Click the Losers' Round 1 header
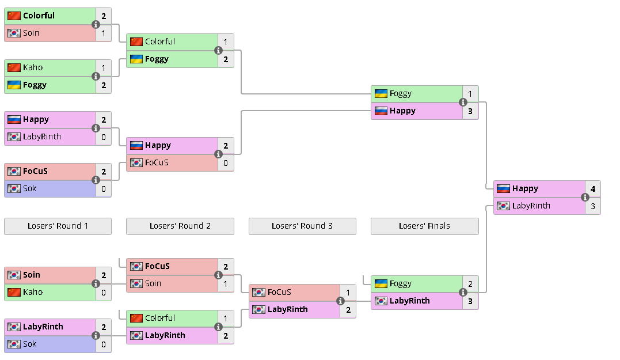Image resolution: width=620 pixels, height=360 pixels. (x=58, y=226)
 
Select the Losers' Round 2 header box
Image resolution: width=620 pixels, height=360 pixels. (x=180, y=226)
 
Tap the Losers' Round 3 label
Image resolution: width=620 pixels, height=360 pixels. (x=302, y=226)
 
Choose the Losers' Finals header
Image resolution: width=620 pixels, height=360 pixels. (x=424, y=226)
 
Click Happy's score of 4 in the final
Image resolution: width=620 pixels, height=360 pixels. (x=592, y=188)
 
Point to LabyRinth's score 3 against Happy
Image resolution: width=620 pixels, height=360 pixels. (x=592, y=206)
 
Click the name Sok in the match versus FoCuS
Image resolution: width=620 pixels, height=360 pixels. (x=29, y=188)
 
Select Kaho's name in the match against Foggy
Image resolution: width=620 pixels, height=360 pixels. (x=33, y=67)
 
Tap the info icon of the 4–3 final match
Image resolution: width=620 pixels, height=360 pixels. (x=585, y=197)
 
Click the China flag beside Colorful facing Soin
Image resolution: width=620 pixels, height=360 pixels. (x=14, y=16)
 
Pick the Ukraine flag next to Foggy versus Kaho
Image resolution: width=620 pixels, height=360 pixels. (x=14, y=85)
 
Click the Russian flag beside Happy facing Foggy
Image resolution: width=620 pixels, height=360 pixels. (x=381, y=111)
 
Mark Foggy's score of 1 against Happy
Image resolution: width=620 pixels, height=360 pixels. (x=470, y=93)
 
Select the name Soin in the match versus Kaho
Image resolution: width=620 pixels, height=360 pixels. (x=32, y=275)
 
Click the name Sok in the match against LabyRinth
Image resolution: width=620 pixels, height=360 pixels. (x=29, y=344)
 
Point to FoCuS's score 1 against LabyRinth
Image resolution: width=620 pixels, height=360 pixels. (x=348, y=292)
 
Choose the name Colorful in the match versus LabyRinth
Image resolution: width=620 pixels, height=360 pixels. (x=160, y=318)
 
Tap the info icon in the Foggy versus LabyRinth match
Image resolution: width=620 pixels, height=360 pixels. (x=463, y=292)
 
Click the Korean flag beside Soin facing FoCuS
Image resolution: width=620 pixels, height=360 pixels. (x=136, y=283)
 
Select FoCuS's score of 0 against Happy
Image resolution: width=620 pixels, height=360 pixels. (x=226, y=162)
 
